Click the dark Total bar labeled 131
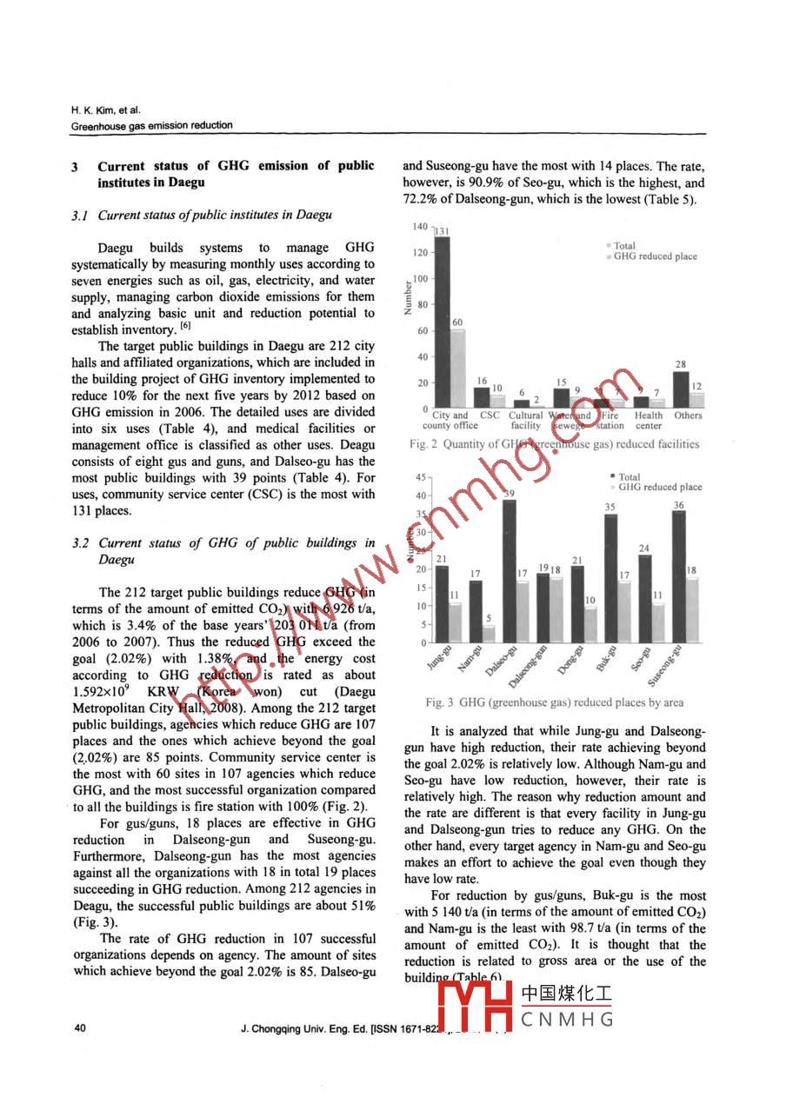click(x=442, y=322)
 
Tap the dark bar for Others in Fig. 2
click(x=681, y=390)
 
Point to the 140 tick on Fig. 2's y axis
click(x=420, y=227)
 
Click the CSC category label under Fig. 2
click(x=490, y=416)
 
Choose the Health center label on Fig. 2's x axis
click(x=648, y=421)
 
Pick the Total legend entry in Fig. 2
click(x=624, y=246)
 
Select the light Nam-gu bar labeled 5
click(x=490, y=634)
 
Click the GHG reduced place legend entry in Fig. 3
click(x=659, y=487)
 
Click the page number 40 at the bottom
click(x=80, y=1029)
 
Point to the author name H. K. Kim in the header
click(x=93, y=110)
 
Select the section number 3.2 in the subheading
click(x=82, y=543)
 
